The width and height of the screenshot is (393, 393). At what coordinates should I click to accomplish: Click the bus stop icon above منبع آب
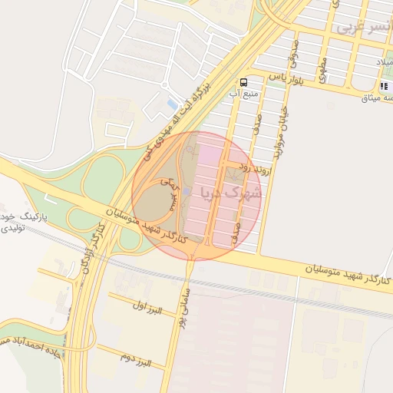[x=243, y=82]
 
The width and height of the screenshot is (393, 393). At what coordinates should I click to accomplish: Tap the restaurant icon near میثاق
[x=384, y=85]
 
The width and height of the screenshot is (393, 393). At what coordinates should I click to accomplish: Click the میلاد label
[x=384, y=61]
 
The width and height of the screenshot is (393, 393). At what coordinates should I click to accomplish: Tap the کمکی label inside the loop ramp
[x=168, y=184]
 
